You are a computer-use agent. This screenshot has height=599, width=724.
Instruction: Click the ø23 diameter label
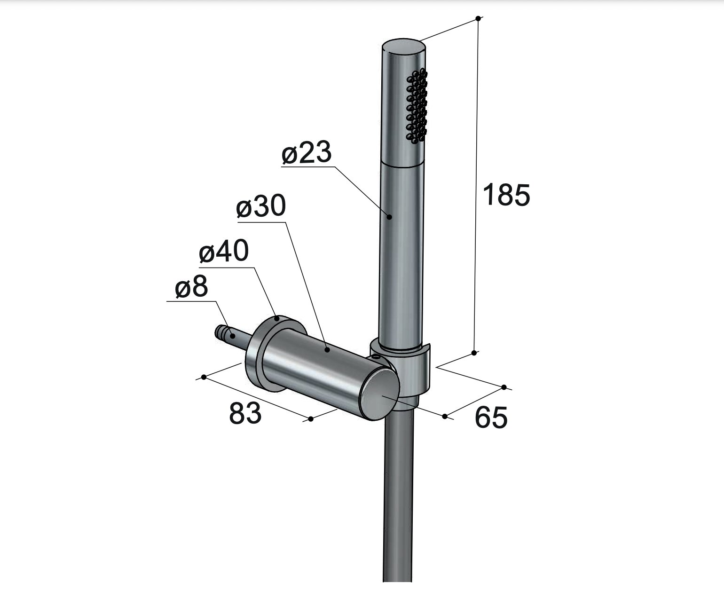[307, 154]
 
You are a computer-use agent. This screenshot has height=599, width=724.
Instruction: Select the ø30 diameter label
[261, 207]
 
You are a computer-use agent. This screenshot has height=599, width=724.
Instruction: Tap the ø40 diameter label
[223, 252]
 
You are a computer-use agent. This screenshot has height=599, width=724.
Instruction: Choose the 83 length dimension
[245, 413]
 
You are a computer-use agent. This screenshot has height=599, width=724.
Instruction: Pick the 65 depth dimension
[491, 417]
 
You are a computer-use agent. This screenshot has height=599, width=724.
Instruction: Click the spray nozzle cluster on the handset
[417, 106]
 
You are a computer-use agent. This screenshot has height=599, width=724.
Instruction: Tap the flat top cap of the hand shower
[404, 47]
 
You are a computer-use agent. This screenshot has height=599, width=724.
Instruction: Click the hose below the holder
[398, 494]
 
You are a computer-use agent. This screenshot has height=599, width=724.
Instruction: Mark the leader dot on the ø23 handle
[390, 217]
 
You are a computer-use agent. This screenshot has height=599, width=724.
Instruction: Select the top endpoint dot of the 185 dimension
[478, 18]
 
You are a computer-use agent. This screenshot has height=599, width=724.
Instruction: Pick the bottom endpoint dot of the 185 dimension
[474, 352]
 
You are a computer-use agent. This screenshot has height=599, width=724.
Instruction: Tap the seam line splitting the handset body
[403, 166]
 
